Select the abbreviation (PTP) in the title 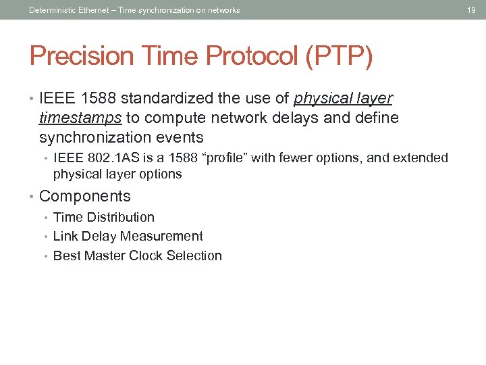click(338, 57)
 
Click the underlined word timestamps click(80, 118)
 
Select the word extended click(423, 158)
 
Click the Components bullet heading click(85, 197)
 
